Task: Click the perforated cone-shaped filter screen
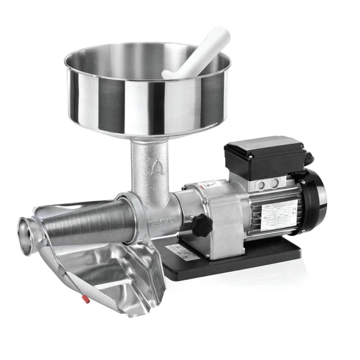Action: coord(91,223)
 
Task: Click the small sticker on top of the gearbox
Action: coord(209,184)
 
